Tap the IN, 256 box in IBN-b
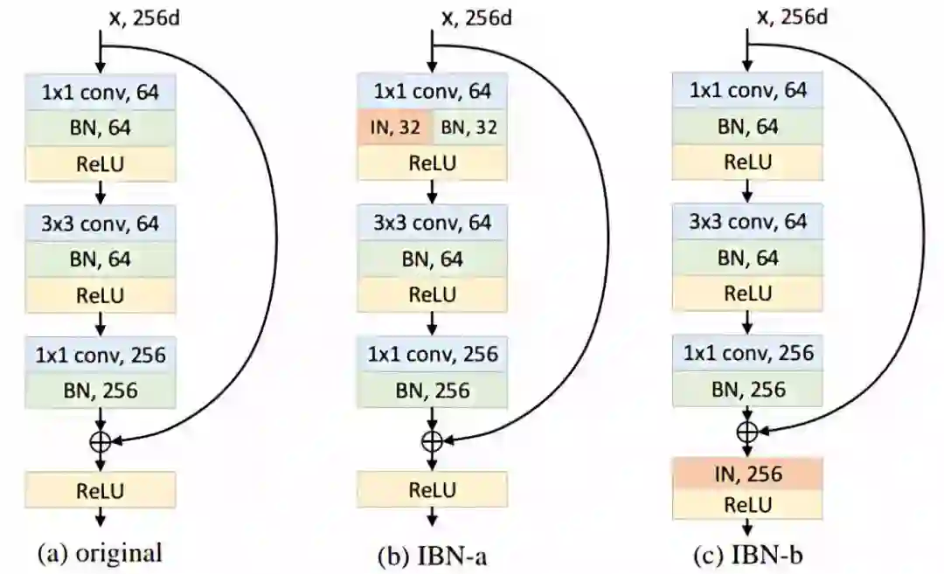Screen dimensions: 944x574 [x=746, y=474]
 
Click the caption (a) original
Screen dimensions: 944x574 [x=101, y=552]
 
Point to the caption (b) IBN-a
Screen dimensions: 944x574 [x=431, y=552]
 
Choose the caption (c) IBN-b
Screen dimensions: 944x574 [x=746, y=552]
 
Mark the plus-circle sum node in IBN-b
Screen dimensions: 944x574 [x=746, y=430]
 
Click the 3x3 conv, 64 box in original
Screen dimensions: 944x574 [x=101, y=225]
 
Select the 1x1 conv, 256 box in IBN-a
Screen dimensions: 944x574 [x=432, y=355]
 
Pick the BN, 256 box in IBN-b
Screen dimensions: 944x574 [x=746, y=391]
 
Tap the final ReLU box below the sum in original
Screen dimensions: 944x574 [x=101, y=488]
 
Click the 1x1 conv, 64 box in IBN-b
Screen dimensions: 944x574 [x=746, y=91]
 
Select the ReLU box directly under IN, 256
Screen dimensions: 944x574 [x=746, y=504]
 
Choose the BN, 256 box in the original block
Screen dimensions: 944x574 [x=101, y=391]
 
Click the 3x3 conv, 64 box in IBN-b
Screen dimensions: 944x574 [x=746, y=223]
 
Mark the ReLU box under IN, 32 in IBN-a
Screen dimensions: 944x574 [x=432, y=163]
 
